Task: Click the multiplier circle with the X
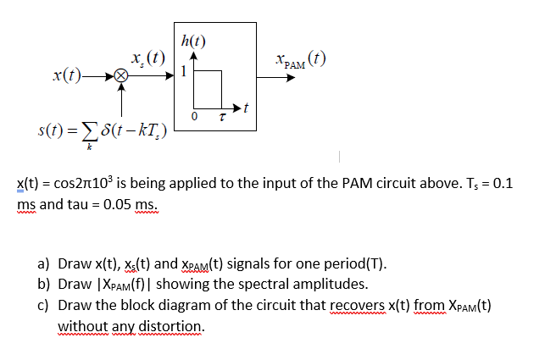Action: click(x=122, y=75)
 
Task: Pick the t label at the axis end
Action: click(x=246, y=108)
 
